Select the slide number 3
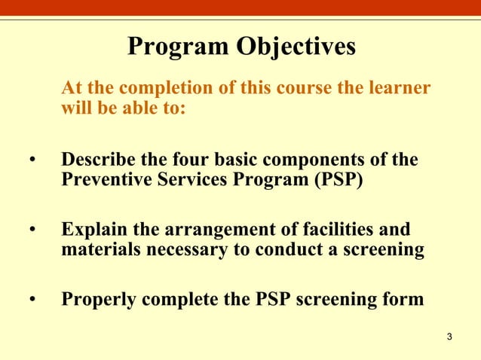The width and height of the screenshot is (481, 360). click(x=449, y=336)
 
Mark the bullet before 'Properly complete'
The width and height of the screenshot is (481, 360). click(x=32, y=300)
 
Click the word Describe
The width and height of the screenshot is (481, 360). click(x=99, y=161)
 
